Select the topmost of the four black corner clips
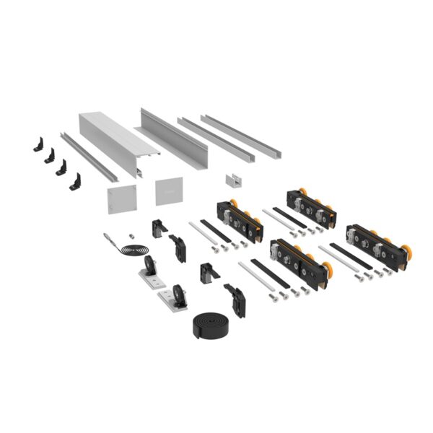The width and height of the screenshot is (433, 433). (39, 143)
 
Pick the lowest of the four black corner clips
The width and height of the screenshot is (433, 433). (75, 182)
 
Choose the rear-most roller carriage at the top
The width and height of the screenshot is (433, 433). (311, 207)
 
